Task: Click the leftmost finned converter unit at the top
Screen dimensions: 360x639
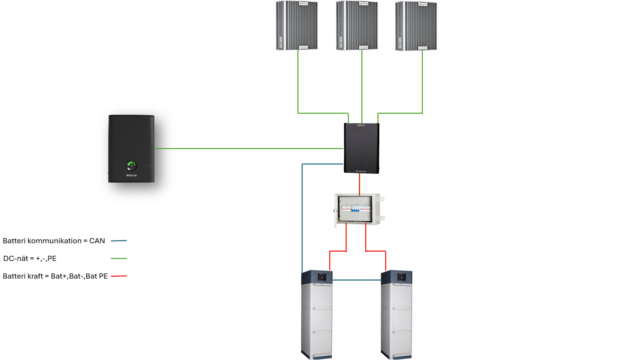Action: [x=297, y=26]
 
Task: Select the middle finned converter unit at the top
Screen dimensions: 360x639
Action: [x=357, y=26]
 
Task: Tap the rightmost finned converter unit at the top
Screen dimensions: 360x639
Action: [x=416, y=26]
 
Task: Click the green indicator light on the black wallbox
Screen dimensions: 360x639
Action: [x=131, y=165]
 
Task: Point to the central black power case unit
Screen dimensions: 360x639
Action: [x=361, y=148]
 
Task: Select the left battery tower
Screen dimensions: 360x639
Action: [x=317, y=315]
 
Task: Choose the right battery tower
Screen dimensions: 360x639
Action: [x=397, y=315]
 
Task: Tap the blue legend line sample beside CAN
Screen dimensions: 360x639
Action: [x=119, y=241]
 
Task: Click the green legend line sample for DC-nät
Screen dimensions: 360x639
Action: [x=119, y=259]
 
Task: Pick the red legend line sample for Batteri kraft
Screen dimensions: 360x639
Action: [x=119, y=276]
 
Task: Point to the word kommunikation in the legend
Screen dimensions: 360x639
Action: [x=54, y=241]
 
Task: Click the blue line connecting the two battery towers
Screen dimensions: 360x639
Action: [x=357, y=280]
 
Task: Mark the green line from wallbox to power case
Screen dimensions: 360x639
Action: [x=248, y=148]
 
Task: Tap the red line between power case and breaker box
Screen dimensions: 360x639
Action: [x=359, y=184]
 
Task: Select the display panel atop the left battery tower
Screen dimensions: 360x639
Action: [x=322, y=277]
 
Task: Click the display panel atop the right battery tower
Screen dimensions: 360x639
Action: [x=402, y=277]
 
